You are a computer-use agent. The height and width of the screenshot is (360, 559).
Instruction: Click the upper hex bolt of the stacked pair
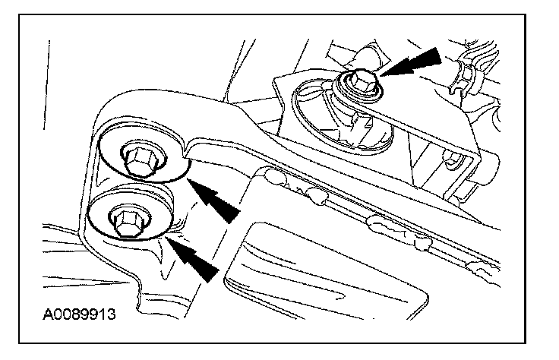(137, 159)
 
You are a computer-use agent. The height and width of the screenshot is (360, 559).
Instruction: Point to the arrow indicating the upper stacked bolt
(216, 198)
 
